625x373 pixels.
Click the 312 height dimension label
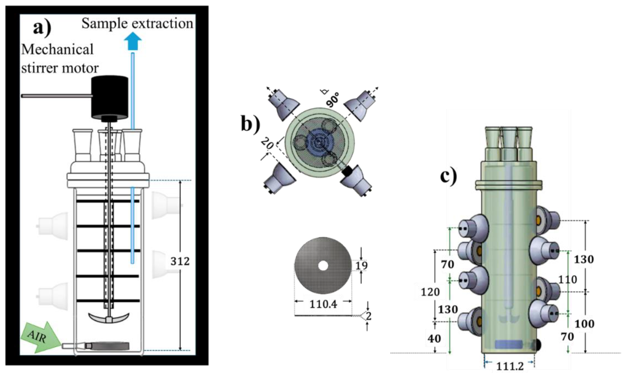point(180,261)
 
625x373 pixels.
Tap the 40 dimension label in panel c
point(434,339)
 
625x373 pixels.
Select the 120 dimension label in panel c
point(430,292)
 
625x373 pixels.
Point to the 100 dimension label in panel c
point(584,324)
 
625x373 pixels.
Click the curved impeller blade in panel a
point(109,317)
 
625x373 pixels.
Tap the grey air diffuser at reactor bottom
point(110,346)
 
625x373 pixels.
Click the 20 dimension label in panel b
point(267,144)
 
